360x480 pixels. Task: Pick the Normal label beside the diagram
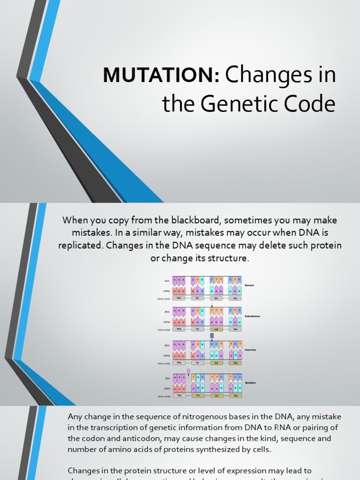click(249, 285)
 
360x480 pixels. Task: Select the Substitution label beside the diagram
click(252, 316)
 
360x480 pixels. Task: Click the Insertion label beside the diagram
click(251, 350)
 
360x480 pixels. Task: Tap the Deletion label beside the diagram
click(250, 382)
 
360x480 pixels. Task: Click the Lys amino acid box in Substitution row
click(217, 330)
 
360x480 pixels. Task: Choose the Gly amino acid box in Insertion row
click(217, 363)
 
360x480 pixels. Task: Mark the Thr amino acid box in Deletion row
click(198, 396)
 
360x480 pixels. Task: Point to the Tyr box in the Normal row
click(198, 298)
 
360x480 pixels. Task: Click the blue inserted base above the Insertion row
click(212, 336)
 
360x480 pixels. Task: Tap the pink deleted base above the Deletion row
click(188, 371)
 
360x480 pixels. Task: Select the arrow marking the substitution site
click(212, 305)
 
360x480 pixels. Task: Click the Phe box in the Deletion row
click(179, 396)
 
